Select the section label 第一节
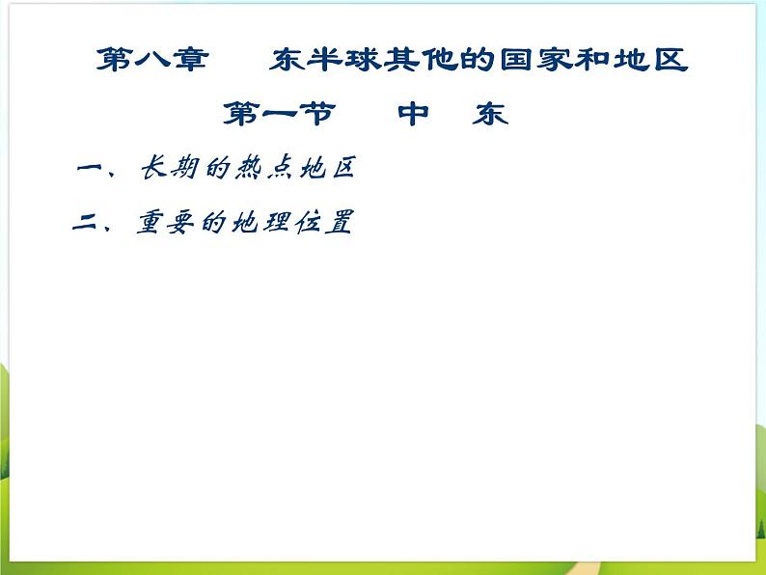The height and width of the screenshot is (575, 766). pyautogui.click(x=279, y=115)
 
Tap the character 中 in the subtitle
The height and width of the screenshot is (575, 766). pyautogui.click(x=415, y=115)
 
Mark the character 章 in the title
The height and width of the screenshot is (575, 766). pyautogui.click(x=190, y=60)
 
